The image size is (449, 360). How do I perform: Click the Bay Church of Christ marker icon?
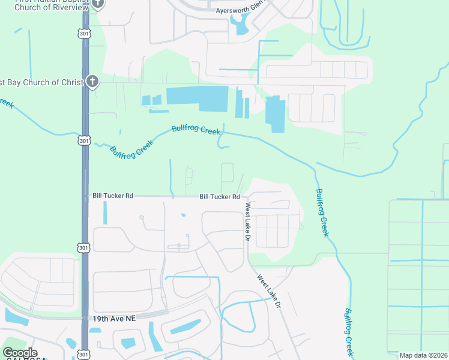pyautogui.click(x=91, y=81)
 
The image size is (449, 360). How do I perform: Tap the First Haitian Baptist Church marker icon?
pyautogui.click(x=98, y=4)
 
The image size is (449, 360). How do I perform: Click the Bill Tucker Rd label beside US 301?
pyautogui.click(x=113, y=196)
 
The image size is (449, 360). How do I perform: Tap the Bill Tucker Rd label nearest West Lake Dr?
pyautogui.click(x=220, y=197)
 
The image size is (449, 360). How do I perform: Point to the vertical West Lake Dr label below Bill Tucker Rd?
pyautogui.click(x=247, y=222)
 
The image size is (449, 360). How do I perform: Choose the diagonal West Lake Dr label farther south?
pyautogui.click(x=270, y=292)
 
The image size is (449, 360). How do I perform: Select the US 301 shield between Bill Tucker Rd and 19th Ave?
pyautogui.click(x=85, y=247)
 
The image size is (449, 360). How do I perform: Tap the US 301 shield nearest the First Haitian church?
pyautogui.click(x=85, y=34)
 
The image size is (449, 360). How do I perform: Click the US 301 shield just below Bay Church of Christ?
pyautogui.click(x=85, y=140)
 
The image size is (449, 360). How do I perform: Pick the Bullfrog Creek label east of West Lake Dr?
pyautogui.click(x=322, y=212)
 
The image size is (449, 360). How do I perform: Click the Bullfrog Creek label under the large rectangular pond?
pyautogui.click(x=196, y=130)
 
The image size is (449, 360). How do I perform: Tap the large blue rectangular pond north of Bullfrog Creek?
pyautogui.click(x=198, y=97)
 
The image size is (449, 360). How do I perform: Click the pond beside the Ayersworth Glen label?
pyautogui.click(x=241, y=25)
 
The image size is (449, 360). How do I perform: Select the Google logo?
pyautogui.click(x=20, y=353)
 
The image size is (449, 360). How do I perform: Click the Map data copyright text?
pyautogui.click(x=423, y=355)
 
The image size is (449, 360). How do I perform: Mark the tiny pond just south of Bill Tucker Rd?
pyautogui.click(x=182, y=215)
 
